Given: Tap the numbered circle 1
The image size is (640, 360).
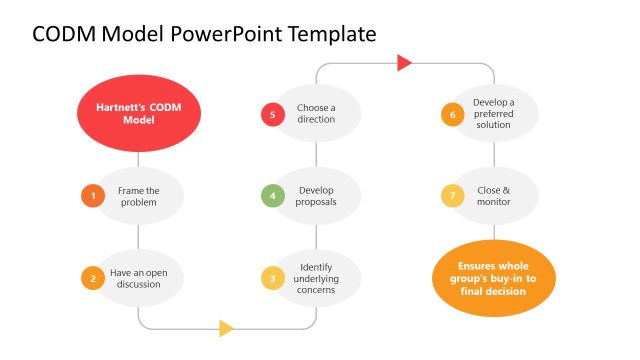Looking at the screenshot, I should (93, 196).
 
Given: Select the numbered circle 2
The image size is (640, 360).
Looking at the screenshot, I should (93, 278).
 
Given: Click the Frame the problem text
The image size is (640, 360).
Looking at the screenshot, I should (138, 196).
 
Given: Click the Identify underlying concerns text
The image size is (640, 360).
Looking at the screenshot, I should (316, 278).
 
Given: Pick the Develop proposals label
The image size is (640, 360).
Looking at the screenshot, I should (316, 196).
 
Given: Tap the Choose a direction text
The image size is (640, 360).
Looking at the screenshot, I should (316, 114).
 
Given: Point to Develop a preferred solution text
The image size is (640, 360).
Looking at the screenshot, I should (494, 114).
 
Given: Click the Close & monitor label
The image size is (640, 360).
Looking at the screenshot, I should (494, 196).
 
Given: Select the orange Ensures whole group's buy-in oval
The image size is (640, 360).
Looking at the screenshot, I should (494, 278).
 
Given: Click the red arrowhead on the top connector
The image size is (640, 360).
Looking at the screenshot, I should (404, 63).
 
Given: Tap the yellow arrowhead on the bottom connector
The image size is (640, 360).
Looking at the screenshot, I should (226, 328).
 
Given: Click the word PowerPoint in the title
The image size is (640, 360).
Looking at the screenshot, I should (226, 35).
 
